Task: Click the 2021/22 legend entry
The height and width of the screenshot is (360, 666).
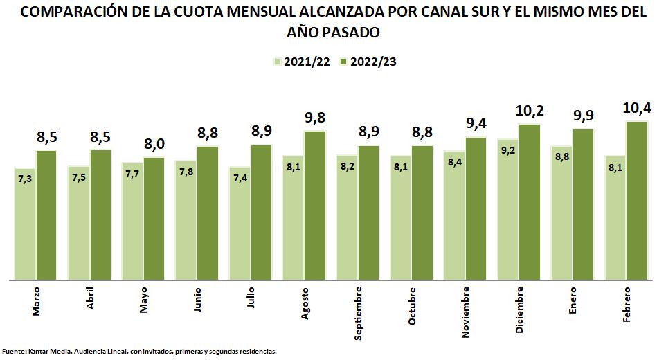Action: click(302, 61)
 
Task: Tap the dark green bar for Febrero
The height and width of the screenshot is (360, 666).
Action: click(637, 201)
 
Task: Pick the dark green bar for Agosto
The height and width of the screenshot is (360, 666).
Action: click(315, 206)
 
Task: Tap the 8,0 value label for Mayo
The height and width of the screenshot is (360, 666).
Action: click(154, 144)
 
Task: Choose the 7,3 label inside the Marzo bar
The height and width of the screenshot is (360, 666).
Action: click(25, 179)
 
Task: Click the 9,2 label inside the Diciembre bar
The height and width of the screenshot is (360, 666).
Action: click(508, 150)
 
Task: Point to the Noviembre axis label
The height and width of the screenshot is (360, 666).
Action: click(465, 312)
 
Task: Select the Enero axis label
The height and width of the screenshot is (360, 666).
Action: click(573, 301)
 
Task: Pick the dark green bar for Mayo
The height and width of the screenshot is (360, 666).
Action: click(154, 219)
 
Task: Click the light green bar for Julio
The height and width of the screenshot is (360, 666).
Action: click(240, 224)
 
